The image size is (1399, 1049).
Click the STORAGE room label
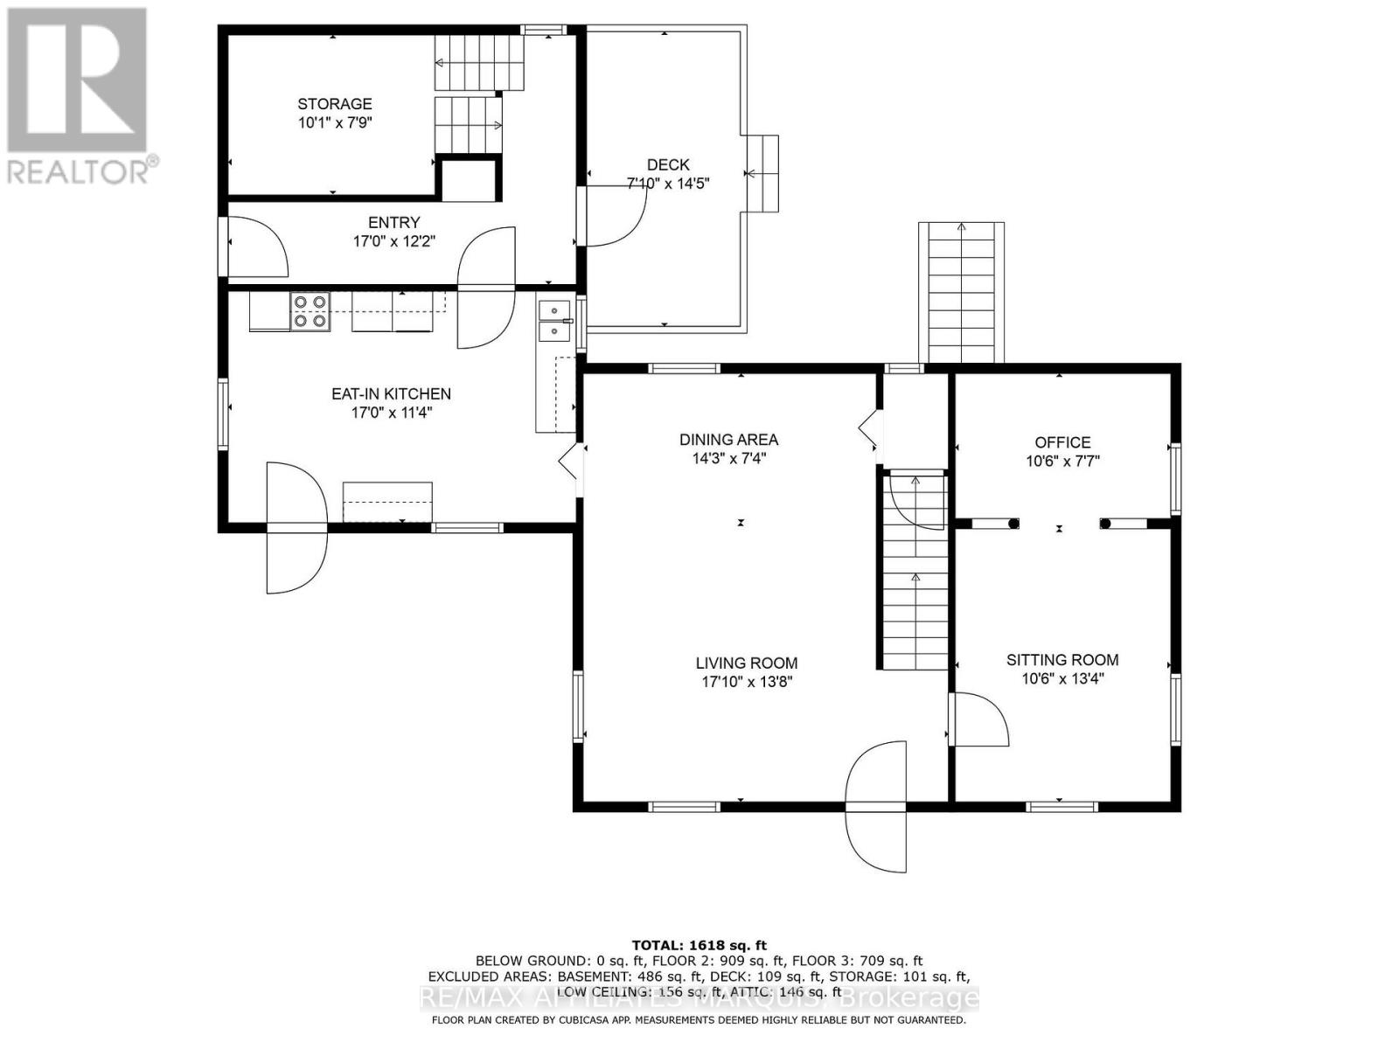click(334, 104)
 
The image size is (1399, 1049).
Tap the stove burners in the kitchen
click(310, 311)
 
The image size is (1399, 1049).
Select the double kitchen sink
click(554, 321)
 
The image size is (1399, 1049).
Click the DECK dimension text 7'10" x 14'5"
click(668, 184)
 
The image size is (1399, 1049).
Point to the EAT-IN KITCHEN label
click(391, 394)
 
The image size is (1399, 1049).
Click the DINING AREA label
click(728, 440)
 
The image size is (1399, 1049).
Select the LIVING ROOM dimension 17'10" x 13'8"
click(746, 682)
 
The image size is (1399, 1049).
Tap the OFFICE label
click(1062, 442)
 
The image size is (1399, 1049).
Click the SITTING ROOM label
click(1062, 660)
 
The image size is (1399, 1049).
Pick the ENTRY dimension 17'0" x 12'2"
click(393, 241)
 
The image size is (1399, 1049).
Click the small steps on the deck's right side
click(762, 173)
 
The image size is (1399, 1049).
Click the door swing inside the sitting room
click(978, 719)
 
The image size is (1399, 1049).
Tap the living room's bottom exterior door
click(877, 804)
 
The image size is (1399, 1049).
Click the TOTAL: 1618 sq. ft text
click(699, 945)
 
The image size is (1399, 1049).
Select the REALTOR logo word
click(83, 170)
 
